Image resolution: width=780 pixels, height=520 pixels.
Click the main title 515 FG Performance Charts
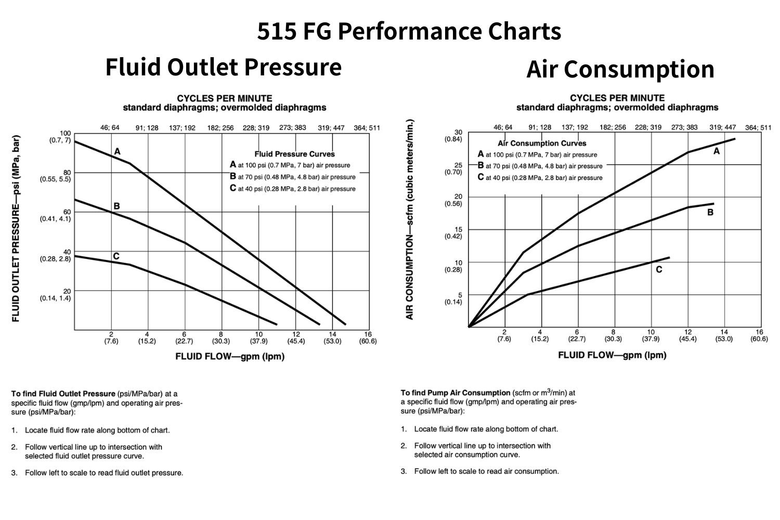click(x=409, y=31)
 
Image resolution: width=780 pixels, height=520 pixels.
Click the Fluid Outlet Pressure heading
click(x=223, y=67)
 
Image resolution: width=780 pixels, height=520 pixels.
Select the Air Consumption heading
click(x=620, y=69)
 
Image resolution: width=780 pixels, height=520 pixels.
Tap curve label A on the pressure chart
click(x=118, y=151)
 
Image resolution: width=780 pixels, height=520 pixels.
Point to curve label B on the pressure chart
click(x=116, y=206)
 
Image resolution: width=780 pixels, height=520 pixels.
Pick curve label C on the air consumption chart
click(x=659, y=269)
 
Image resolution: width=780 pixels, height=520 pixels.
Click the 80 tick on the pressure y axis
click(x=67, y=173)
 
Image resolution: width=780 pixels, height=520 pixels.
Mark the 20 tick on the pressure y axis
click(x=67, y=291)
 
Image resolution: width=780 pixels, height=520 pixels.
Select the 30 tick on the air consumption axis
click(x=458, y=133)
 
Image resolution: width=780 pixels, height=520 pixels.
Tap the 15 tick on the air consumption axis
click(x=458, y=229)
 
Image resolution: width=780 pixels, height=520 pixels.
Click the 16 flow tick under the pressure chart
click(x=368, y=334)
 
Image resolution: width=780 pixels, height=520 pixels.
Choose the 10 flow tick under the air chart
click(x=651, y=332)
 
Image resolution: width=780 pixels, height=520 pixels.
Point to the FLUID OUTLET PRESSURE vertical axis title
click(x=16, y=229)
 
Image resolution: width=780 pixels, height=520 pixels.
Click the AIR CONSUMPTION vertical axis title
click(x=410, y=219)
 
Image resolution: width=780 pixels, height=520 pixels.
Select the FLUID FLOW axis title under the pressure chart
click(x=230, y=356)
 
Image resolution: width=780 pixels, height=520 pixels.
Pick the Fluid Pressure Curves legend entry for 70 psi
click(x=293, y=177)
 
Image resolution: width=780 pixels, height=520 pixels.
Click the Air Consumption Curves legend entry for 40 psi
click(x=540, y=177)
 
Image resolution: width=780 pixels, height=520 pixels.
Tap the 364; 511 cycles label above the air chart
click(x=758, y=127)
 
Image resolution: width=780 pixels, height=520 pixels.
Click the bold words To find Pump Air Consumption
click(x=456, y=393)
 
